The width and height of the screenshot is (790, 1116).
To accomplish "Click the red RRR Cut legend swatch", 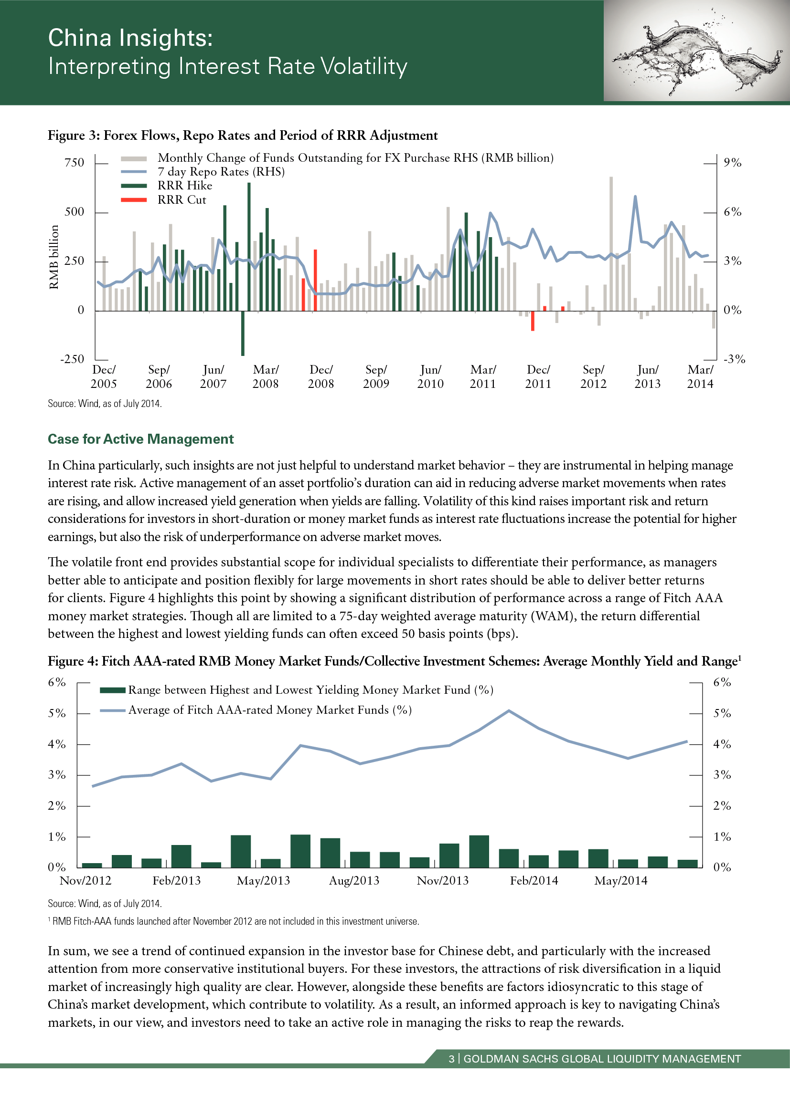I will pyautogui.click(x=134, y=200).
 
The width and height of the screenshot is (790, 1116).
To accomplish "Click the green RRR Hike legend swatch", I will pyautogui.click(x=134, y=186).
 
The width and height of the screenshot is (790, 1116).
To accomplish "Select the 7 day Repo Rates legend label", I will pyautogui.click(x=221, y=172).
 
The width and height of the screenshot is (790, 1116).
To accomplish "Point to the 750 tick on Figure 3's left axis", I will pyautogui.click(x=75, y=163).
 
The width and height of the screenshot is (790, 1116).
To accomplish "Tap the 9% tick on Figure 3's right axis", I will pyautogui.click(x=732, y=163).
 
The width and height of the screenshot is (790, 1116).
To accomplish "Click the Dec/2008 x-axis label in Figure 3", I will pyautogui.click(x=321, y=377).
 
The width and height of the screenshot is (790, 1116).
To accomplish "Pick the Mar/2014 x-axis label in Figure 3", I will pyautogui.click(x=700, y=377).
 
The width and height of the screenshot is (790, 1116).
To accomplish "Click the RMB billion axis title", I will pyautogui.click(x=54, y=257).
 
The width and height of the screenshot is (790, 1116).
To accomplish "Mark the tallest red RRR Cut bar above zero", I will pyautogui.click(x=315, y=280).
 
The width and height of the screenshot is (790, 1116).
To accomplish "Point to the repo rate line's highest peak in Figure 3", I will pyautogui.click(x=635, y=197).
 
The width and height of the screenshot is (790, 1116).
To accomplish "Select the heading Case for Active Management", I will pyautogui.click(x=140, y=439).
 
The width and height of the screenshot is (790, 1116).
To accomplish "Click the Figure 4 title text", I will pyautogui.click(x=394, y=661).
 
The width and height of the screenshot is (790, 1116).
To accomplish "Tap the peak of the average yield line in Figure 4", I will pyautogui.click(x=509, y=710).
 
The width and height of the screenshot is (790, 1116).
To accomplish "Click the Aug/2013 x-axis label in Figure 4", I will pyautogui.click(x=354, y=881).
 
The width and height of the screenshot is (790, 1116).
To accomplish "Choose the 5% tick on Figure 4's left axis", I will pyautogui.click(x=56, y=713).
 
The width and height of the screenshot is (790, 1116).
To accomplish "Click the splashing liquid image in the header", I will pyautogui.click(x=696, y=51).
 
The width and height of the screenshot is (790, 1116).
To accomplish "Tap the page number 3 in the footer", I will pyautogui.click(x=451, y=1059).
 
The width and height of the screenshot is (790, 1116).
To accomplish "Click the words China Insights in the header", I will pyautogui.click(x=130, y=38).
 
